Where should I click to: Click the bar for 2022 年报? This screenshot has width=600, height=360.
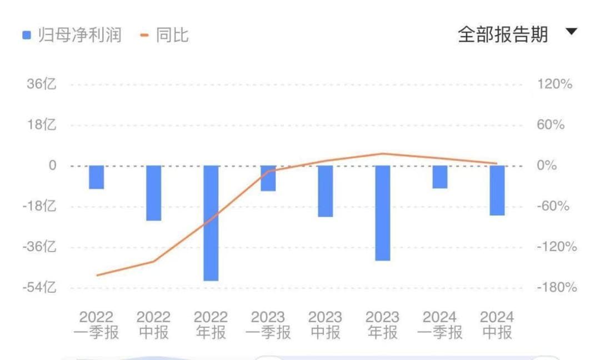pos(211,223)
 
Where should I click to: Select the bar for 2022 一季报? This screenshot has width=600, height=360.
pos(97,177)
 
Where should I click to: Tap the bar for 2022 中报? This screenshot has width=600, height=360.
pos(154,193)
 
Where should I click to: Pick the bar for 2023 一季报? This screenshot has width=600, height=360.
pos(268,178)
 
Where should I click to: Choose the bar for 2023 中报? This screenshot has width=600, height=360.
pos(326,191)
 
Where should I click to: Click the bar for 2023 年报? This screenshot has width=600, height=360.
pos(383,213)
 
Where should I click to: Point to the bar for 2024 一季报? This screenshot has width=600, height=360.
pos(440,177)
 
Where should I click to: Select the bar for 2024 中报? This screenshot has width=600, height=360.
pos(497,190)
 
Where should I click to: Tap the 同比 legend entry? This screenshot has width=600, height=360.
pos(166,36)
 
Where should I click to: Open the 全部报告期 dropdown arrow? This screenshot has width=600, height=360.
pos(572,32)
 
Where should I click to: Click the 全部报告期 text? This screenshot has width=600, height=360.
pos(503,34)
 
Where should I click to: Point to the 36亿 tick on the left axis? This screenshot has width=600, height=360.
pos(41,84)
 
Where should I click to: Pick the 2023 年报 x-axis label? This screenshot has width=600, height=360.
pos(383,325)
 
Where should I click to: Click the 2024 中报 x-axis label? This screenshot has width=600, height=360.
pos(497,325)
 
